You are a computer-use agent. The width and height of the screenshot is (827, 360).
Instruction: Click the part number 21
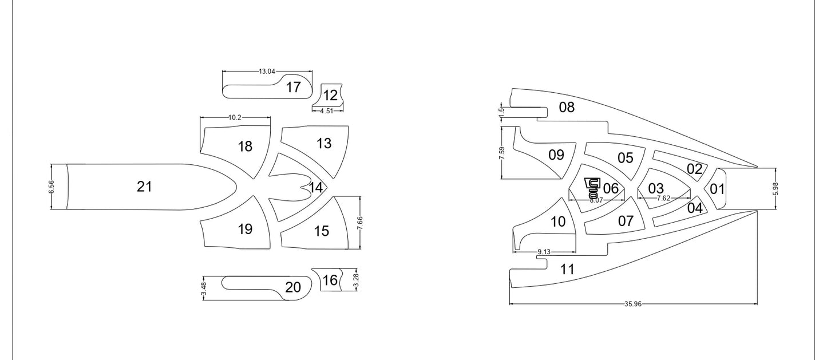(x=144, y=186)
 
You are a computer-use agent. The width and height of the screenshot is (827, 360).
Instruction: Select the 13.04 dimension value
(x=267, y=72)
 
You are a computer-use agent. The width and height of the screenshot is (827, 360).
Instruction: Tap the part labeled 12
(x=330, y=95)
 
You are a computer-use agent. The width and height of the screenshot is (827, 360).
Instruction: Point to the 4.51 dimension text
(x=326, y=110)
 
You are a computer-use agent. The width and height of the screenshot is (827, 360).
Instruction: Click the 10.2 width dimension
(x=235, y=117)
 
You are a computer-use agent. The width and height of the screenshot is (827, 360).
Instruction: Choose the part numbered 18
(x=245, y=147)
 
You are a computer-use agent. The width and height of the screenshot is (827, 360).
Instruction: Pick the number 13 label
(x=324, y=143)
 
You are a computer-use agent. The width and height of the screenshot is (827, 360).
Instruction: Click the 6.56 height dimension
(x=52, y=187)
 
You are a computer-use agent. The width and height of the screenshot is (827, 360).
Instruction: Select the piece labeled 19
(x=245, y=230)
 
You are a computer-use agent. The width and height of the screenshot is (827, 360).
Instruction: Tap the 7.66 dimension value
(x=359, y=223)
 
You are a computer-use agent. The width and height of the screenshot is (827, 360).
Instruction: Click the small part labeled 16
(x=330, y=280)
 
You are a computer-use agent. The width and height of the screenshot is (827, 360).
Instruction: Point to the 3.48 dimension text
(x=204, y=288)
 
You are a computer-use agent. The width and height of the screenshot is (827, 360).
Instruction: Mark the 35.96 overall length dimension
(x=633, y=304)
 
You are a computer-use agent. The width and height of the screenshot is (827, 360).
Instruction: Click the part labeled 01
(x=717, y=189)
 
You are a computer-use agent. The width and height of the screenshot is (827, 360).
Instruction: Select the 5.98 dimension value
(x=775, y=189)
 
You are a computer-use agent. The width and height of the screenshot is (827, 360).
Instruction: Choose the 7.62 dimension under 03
(x=663, y=198)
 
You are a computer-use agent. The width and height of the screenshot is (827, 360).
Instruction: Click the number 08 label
(x=567, y=107)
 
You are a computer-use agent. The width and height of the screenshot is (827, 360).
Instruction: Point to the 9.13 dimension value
(x=544, y=252)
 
